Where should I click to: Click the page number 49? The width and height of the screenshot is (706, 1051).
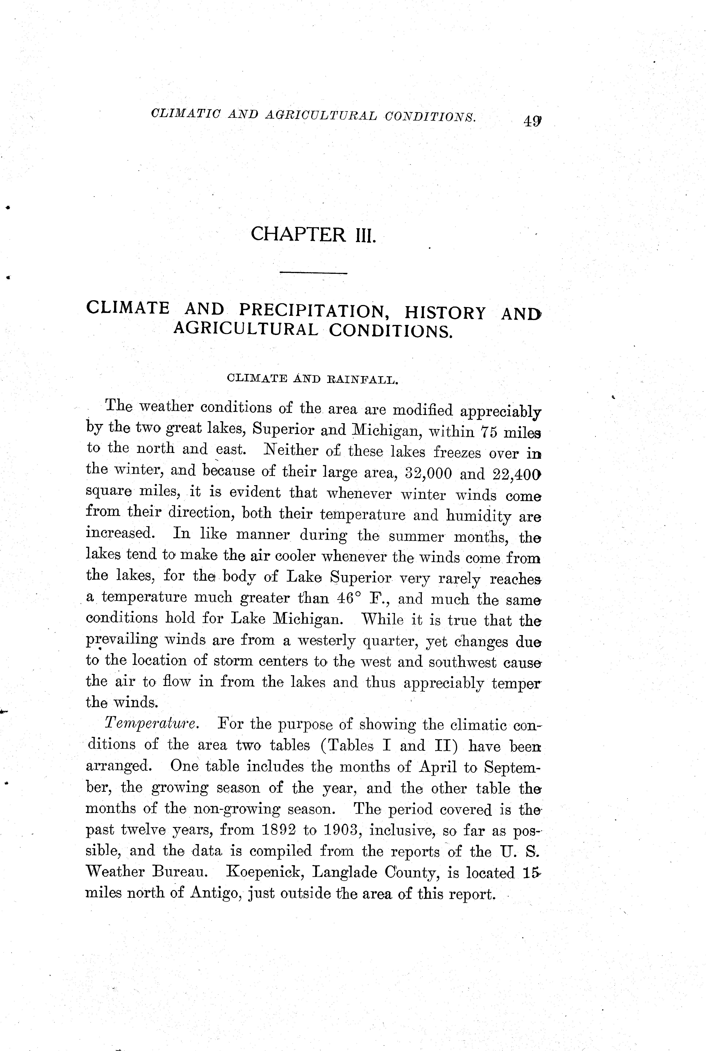[532, 122]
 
